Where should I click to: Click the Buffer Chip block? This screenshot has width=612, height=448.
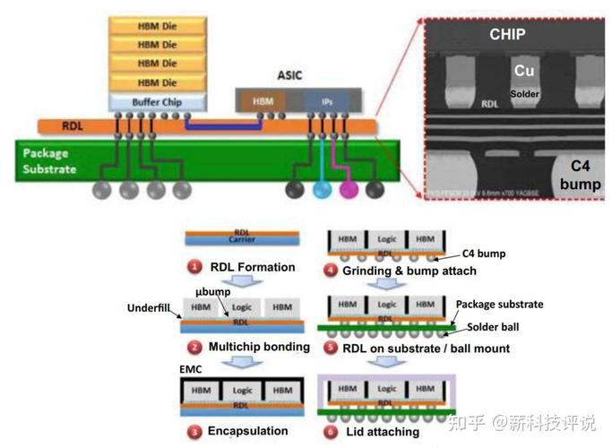pos(158,102)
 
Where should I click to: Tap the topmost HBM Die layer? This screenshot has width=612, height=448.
pos(158,26)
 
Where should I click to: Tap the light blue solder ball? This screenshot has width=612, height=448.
pos(322,189)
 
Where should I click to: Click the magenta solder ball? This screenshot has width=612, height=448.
pos(349,189)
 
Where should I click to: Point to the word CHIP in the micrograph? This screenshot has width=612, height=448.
pos(507,35)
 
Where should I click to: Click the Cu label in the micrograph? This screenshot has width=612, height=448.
pos(524,70)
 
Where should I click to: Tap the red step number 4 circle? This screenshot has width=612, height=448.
pos(332,271)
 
